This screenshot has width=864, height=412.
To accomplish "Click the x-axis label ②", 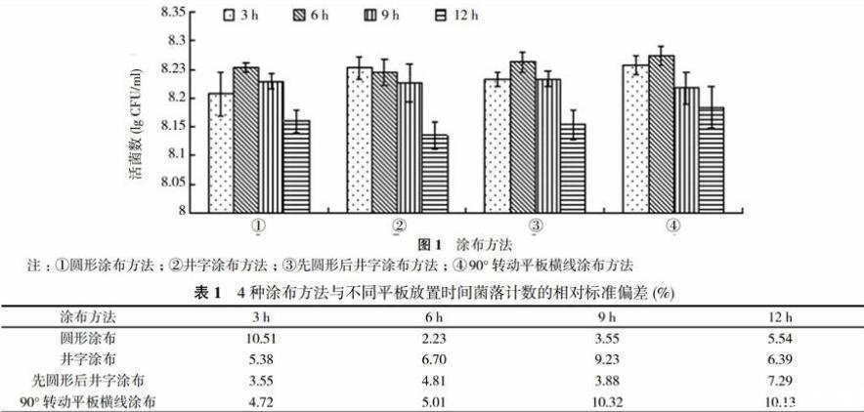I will pyautogui.click(x=399, y=227).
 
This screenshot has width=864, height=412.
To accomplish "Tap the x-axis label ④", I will pyautogui.click(x=673, y=227).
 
